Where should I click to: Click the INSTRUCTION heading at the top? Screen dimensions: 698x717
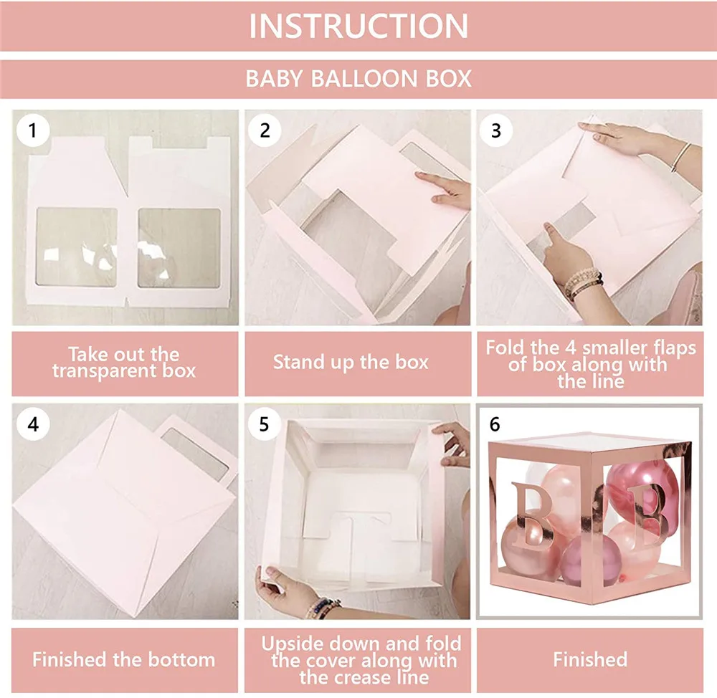(x=358, y=26)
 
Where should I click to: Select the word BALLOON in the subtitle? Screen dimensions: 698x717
(x=359, y=77)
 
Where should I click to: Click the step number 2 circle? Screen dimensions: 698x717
(x=265, y=130)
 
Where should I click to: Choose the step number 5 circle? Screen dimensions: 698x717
(x=265, y=424)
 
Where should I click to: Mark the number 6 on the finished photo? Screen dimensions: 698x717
(x=495, y=424)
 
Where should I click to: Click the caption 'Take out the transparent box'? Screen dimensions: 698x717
(x=123, y=363)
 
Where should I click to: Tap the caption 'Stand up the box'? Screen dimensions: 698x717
(x=351, y=362)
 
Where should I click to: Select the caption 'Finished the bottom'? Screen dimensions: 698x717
(x=123, y=659)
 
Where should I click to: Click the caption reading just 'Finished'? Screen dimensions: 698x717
(x=589, y=659)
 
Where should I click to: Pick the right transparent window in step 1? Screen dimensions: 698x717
(x=178, y=248)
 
